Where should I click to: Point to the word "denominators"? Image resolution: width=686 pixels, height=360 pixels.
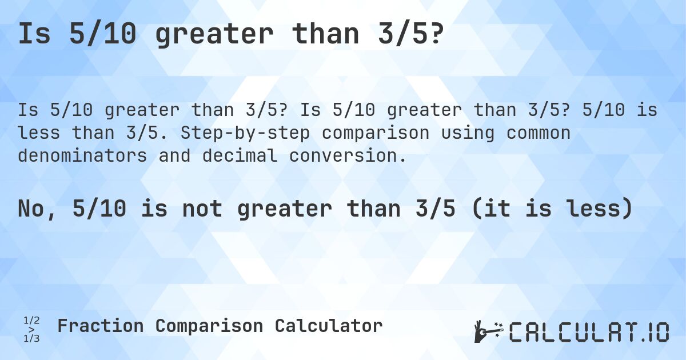pos(82,155)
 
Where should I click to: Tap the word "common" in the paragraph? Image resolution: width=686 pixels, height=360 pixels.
pos(531,133)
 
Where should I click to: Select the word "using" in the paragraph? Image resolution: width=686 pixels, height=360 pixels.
pos(462,133)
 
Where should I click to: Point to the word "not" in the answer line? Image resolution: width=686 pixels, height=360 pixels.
pos(202,209)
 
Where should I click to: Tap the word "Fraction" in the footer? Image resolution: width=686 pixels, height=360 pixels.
pos(100,326)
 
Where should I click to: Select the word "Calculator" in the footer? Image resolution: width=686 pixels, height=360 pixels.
pos(328,326)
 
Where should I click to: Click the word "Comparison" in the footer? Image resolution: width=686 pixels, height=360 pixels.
pos(209,326)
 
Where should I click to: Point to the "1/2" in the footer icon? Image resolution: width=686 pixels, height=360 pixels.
pos(31,320)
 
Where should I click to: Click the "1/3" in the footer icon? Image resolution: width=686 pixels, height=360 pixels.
pos(31,338)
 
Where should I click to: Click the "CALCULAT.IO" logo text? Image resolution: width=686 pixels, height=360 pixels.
pos(589,331)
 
